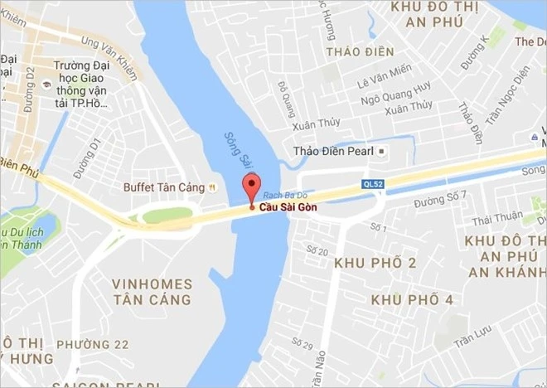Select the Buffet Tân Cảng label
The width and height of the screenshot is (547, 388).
(x=164, y=187)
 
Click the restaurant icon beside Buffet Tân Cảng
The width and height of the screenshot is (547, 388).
(x=213, y=187)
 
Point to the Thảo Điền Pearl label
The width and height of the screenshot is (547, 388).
(x=333, y=152)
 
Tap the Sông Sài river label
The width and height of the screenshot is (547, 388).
(x=236, y=153)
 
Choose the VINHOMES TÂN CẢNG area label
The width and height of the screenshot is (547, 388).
(x=151, y=291)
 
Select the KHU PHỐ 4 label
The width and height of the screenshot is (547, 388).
(x=412, y=299)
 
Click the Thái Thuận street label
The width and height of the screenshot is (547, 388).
(x=497, y=220)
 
